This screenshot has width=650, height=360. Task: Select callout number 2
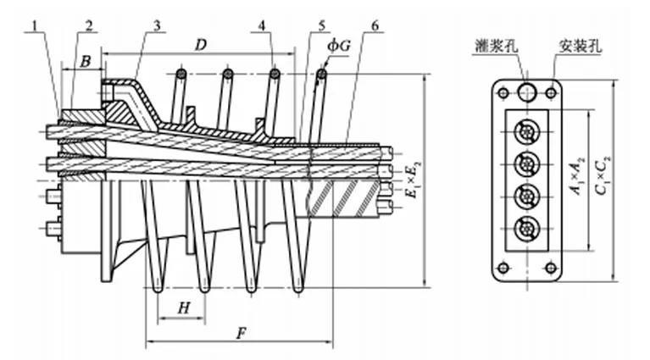(x=88, y=26)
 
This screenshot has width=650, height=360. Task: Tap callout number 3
(x=158, y=26)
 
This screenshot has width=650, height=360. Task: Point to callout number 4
(x=264, y=26)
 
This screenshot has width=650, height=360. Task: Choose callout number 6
(x=373, y=26)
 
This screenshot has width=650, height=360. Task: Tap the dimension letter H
(x=183, y=309)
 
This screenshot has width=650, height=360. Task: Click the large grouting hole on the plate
(x=530, y=91)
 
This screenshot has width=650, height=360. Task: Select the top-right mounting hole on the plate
(x=550, y=91)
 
